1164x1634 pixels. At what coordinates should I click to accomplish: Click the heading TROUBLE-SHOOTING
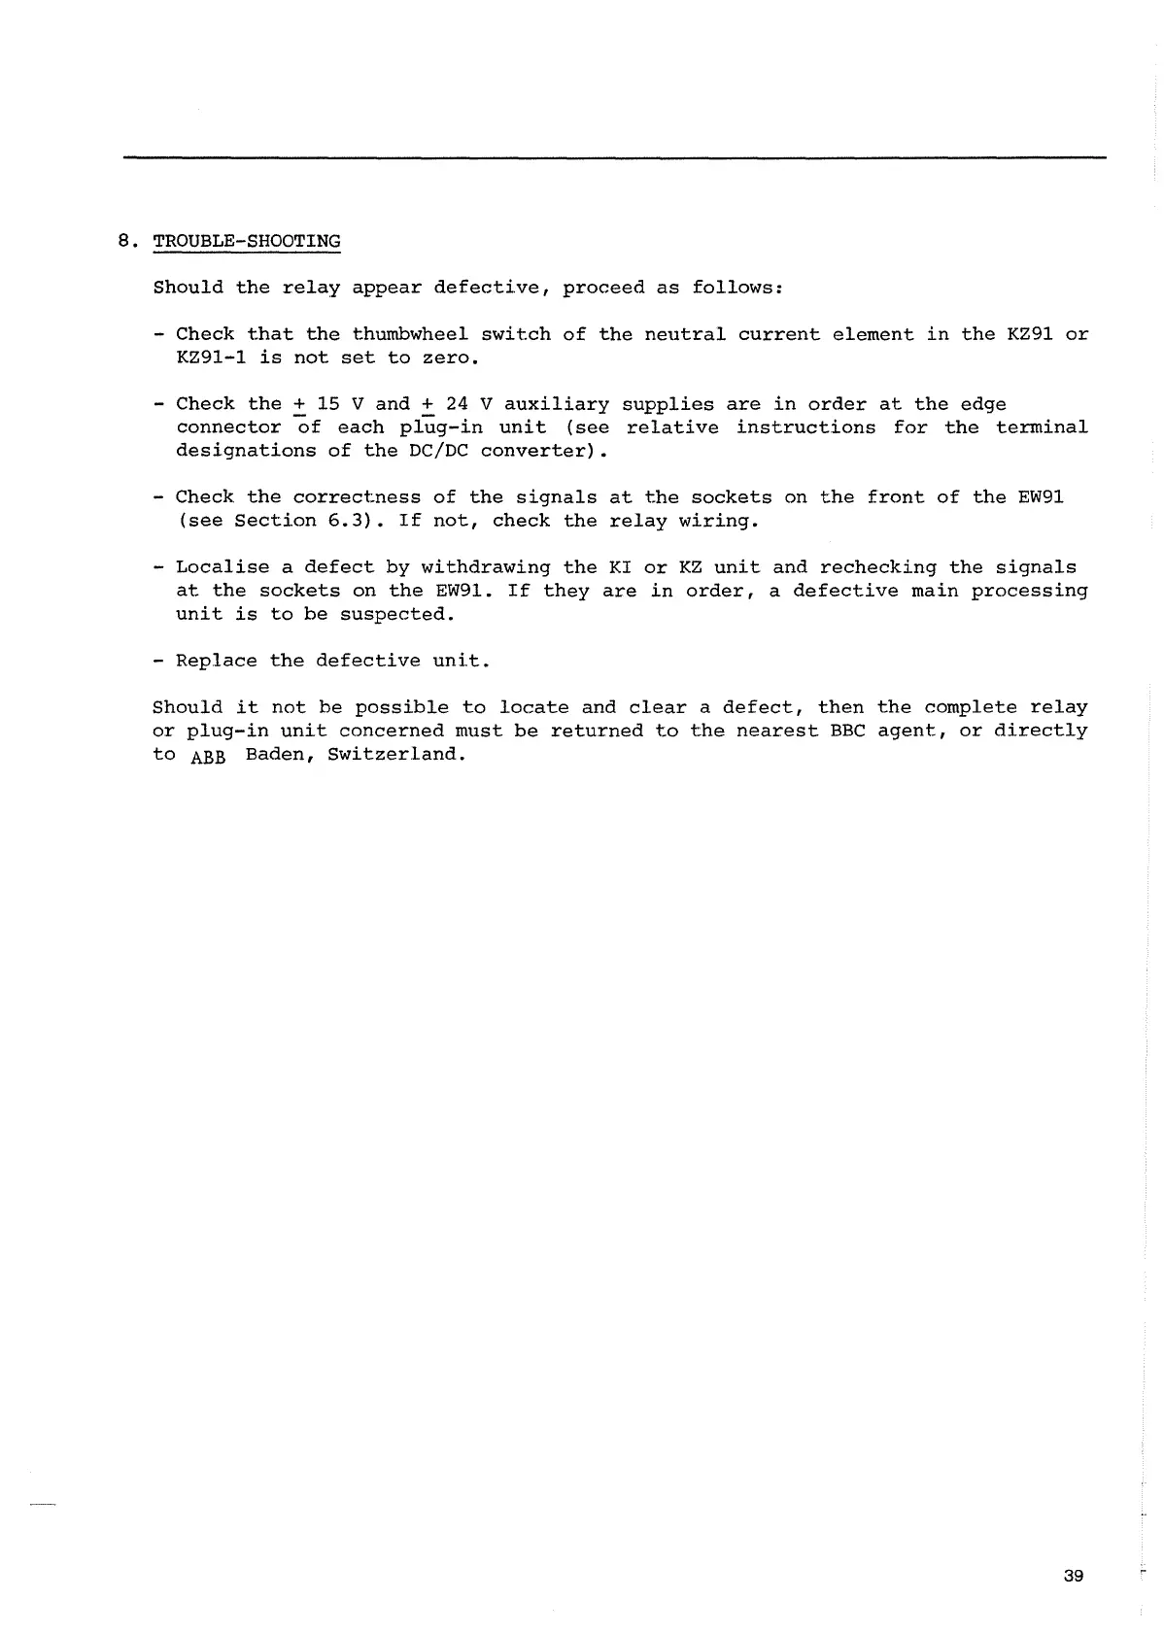247,241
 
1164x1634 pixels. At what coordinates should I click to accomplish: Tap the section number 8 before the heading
123,241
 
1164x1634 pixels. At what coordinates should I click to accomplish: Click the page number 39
1073,1575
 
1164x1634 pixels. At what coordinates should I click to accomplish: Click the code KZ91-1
211,357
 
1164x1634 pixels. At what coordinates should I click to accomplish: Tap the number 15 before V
328,404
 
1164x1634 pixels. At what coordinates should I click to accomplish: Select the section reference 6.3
345,521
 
